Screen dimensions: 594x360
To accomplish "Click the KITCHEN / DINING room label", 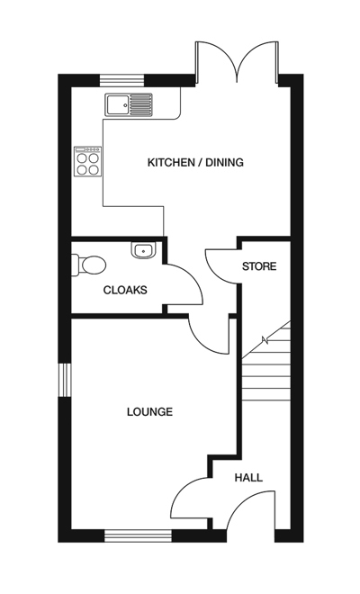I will point(195,163).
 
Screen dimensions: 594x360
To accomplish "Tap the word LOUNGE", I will point(149,412).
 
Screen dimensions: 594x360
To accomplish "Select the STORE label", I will point(258,267).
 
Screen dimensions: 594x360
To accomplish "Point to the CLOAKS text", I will point(125,290).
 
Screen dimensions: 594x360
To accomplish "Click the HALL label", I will point(248,478).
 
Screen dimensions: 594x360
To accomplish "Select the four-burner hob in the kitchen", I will point(87,161).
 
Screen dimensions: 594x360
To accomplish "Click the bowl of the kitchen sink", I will point(117,104).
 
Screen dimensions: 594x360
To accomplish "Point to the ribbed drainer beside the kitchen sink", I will point(141,104).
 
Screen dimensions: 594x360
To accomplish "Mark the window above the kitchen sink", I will point(117,79).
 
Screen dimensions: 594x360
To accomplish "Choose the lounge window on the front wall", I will point(138,536).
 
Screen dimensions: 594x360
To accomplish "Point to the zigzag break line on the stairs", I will point(265,341).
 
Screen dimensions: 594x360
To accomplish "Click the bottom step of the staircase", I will point(266,393).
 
